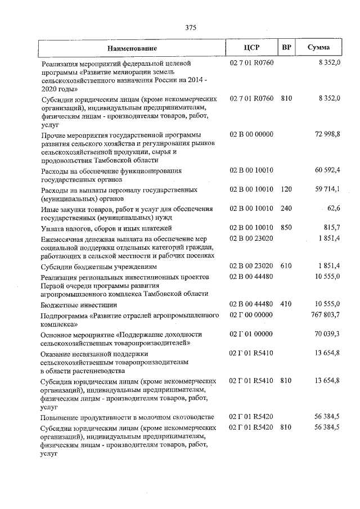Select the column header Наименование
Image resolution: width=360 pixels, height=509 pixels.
click(x=132, y=48)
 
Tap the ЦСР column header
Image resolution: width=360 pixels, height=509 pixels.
click(x=251, y=48)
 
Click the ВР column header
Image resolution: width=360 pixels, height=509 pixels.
click(x=286, y=48)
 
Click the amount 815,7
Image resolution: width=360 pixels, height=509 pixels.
click(x=331, y=228)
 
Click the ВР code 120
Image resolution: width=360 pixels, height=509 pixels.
click(x=286, y=190)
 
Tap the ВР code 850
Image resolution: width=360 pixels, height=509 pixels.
click(x=286, y=228)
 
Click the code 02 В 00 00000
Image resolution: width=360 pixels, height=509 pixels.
click(x=251, y=134)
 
